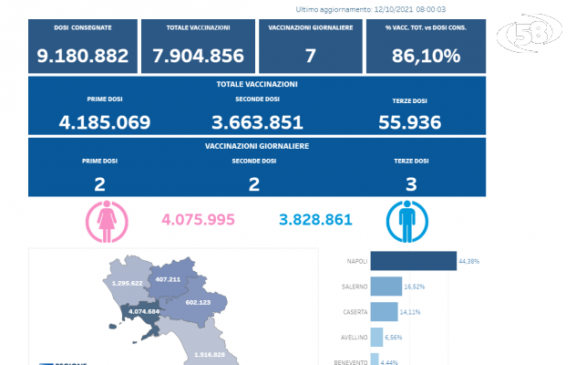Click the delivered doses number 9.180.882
(83, 56)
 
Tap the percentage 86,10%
(422, 56)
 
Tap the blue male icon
(402, 220)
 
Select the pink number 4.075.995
(198, 220)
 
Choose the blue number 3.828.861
(314, 220)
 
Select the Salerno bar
(386, 287)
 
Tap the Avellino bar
(376, 338)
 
